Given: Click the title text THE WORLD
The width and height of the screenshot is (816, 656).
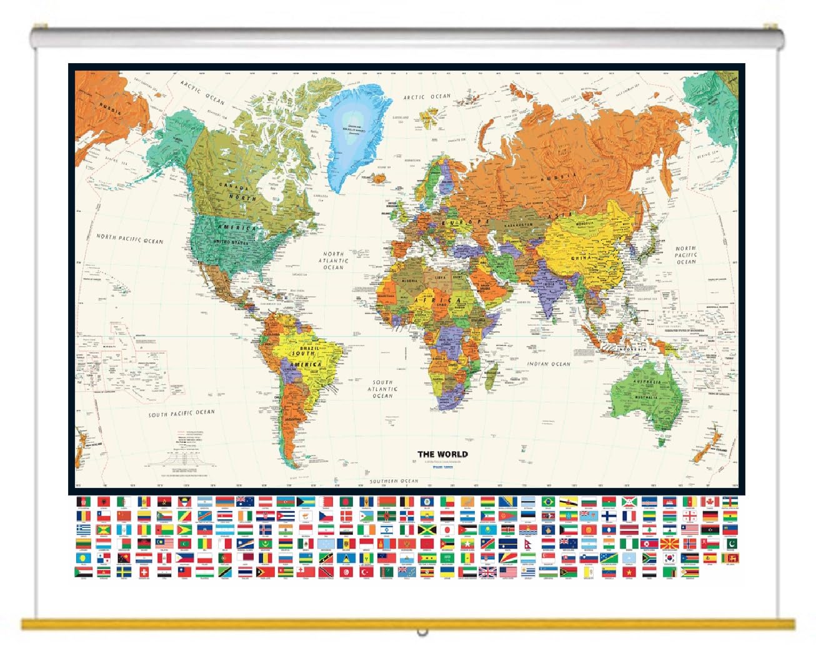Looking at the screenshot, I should (442, 454).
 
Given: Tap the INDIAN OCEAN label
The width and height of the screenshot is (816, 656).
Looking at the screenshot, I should (549, 364).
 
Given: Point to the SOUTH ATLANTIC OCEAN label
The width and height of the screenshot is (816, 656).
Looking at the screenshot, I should (382, 389).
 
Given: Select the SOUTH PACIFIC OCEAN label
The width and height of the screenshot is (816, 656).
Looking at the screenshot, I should (181, 413).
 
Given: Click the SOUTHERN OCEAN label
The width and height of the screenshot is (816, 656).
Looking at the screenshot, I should (394, 481).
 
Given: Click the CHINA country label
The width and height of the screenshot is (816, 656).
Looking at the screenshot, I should (580, 257).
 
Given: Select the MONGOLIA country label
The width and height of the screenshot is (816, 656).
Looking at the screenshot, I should (584, 224).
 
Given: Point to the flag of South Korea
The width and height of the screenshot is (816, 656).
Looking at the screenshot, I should (670, 557).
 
